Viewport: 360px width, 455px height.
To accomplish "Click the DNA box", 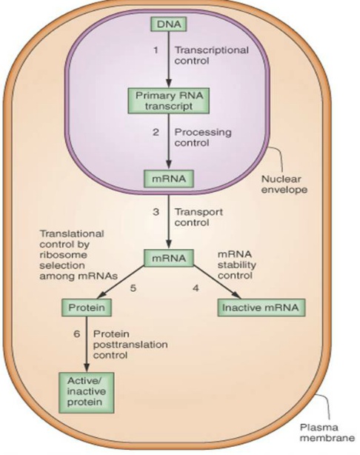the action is point(168,24).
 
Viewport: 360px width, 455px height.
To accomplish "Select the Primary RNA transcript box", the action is point(169,101).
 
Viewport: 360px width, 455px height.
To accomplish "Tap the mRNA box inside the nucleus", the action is point(169,179).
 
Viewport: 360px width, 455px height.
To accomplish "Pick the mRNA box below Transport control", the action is point(169,258).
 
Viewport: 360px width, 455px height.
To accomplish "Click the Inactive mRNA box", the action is point(261,308).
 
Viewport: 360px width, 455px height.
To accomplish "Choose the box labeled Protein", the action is point(87,308).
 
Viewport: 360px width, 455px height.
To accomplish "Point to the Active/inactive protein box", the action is point(86,393).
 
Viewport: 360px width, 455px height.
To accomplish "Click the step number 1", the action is point(156,50).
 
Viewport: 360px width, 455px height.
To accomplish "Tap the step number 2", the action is point(156,133).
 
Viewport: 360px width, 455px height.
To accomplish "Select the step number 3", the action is point(156,212).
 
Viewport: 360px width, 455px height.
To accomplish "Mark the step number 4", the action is point(196,288).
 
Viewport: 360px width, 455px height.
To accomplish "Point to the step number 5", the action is point(133,288).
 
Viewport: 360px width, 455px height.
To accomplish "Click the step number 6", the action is point(76,334).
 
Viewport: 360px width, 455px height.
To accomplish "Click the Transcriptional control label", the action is point(211,56).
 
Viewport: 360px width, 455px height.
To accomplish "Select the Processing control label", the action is point(203,137).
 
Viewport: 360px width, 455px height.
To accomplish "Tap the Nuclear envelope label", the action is point(284,185).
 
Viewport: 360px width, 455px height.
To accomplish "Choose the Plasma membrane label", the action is point(327,433).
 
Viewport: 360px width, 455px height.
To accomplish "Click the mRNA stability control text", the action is point(237,265).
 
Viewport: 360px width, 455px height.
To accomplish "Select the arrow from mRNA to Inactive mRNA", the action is point(217,282).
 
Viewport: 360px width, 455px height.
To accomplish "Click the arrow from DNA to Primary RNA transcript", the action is point(169,60).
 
